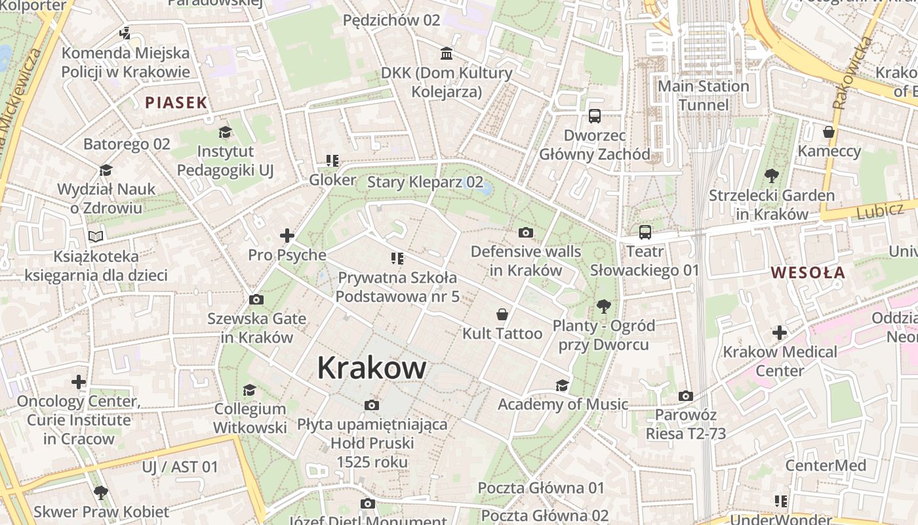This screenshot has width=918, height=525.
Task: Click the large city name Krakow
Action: point(372,367)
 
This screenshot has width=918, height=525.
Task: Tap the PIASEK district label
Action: point(176,102)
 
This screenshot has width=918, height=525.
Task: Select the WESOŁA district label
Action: point(808,272)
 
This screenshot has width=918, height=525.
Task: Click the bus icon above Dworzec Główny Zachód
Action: point(595,116)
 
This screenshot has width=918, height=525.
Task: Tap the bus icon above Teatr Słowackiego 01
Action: point(645,232)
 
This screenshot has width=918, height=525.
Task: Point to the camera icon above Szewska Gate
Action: point(256,300)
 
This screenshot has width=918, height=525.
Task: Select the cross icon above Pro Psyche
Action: point(287,236)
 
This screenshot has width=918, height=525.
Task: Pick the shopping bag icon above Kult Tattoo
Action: point(502,314)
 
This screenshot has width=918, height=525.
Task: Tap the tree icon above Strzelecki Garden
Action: point(772,176)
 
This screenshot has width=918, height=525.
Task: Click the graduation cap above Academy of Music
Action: point(562,385)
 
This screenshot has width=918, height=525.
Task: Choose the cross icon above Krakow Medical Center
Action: point(779,333)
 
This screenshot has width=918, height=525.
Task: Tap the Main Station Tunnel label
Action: point(703,96)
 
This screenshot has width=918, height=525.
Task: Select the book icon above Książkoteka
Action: point(96,236)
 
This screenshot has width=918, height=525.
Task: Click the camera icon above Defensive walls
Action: point(525,232)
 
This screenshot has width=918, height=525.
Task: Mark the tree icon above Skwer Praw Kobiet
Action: point(100,492)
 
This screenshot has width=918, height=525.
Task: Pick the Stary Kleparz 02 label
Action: point(425,182)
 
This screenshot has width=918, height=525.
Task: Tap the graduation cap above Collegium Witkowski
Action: point(249,390)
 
